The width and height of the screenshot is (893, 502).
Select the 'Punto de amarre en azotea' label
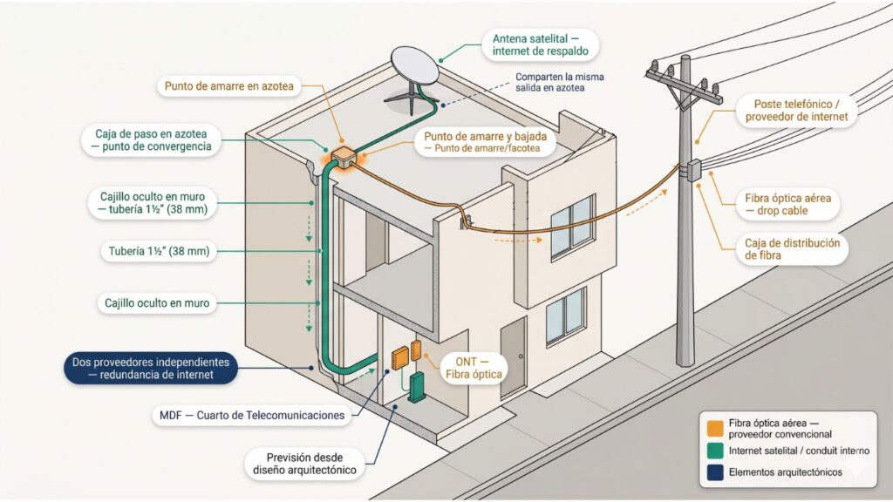[x=228, y=86]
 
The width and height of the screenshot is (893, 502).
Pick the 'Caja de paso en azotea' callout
[x=153, y=140]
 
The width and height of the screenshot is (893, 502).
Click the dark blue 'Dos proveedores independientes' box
[x=151, y=368]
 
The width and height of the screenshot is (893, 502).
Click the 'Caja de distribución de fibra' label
[x=792, y=249]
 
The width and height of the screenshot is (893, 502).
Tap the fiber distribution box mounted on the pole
[x=694, y=170]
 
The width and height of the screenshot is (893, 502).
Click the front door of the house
[x=513, y=354]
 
